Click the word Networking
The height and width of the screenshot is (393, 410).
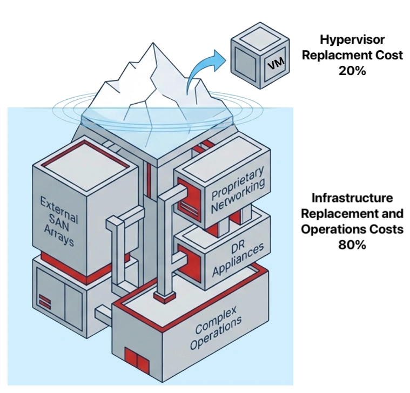tap(239, 198)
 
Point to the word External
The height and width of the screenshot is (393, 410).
tap(59, 206)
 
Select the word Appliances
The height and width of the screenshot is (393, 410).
tap(238, 262)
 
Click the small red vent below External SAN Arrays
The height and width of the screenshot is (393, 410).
tap(45, 299)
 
